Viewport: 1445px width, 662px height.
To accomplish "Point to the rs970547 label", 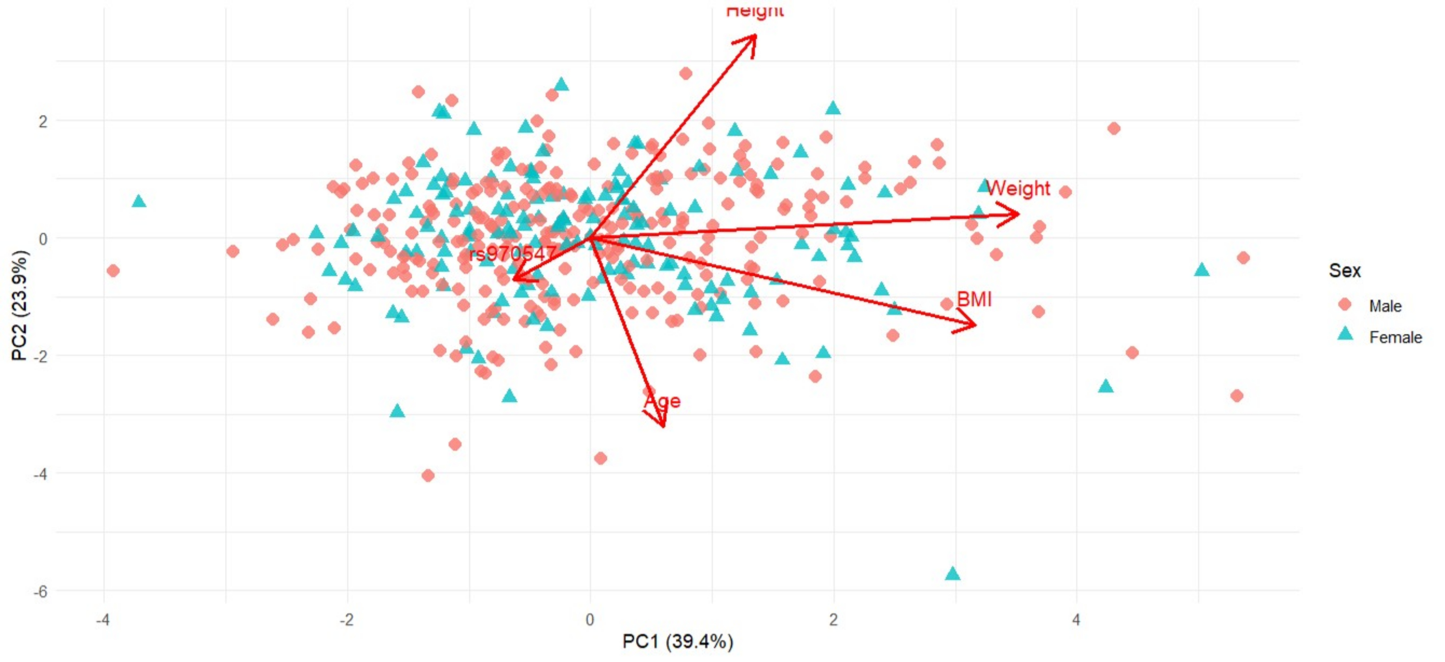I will [512, 254].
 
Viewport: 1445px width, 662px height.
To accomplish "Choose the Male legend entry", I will [1384, 306].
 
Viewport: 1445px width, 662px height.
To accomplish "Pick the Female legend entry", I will [1395, 337].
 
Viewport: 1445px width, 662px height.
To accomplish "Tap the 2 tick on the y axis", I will [43, 121].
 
